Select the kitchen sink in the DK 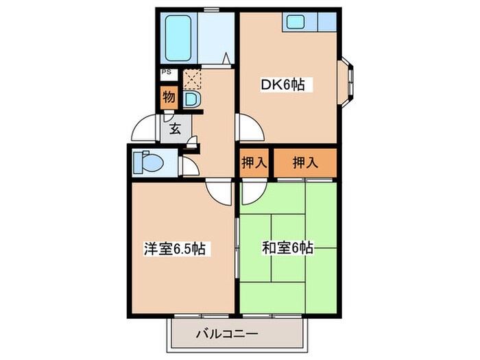(x=297, y=23)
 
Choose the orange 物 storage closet (x=169, y=97)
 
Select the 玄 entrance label (x=175, y=128)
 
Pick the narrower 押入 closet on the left (x=253, y=163)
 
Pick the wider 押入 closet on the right (x=305, y=163)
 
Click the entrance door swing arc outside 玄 (x=146, y=126)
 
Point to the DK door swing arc (x=250, y=128)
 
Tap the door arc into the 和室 (x=251, y=192)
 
